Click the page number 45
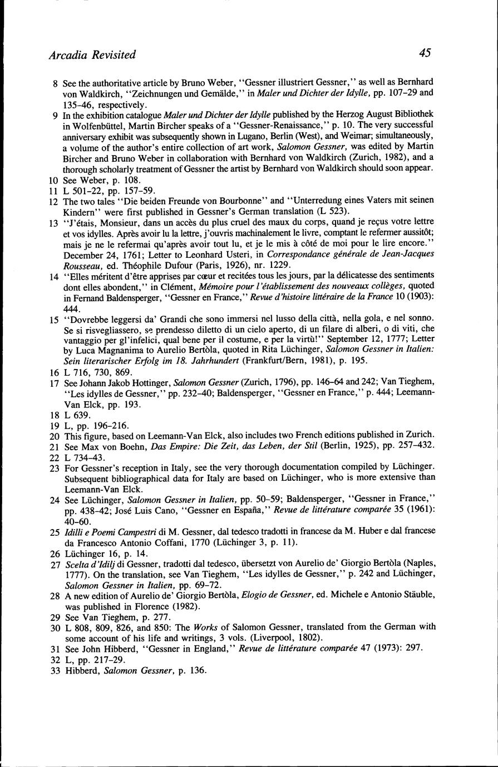point(425,53)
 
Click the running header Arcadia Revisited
point(92,54)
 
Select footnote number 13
point(53,223)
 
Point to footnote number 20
point(53,434)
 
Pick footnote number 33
point(53,670)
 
